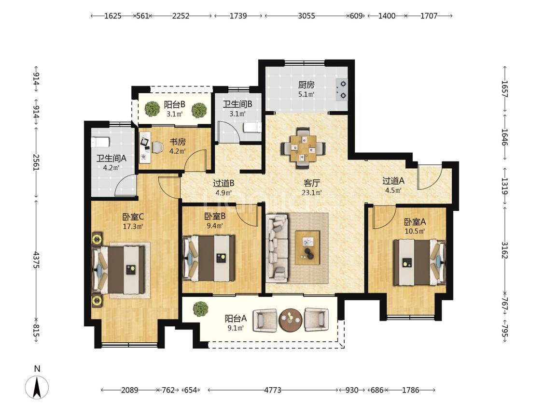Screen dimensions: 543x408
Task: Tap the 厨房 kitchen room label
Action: click(x=306, y=85)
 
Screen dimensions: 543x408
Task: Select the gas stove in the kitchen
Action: click(x=341, y=89)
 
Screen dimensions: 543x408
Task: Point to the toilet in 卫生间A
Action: click(x=100, y=142)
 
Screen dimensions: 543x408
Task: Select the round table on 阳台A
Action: click(x=291, y=320)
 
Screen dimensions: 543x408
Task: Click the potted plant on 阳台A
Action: click(x=200, y=309)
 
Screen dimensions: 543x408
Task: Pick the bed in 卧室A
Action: click(x=419, y=262)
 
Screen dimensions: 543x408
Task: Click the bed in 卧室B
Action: click(x=209, y=258)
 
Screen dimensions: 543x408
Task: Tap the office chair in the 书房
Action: click(x=157, y=147)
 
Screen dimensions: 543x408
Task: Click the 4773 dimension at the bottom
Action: click(x=273, y=390)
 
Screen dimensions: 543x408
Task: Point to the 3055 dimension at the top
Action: click(x=306, y=15)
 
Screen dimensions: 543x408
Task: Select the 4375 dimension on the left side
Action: click(x=36, y=260)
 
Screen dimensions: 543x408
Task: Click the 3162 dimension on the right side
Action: click(x=504, y=250)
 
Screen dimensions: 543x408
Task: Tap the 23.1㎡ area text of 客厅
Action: click(x=312, y=192)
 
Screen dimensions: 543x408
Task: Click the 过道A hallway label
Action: click(x=393, y=181)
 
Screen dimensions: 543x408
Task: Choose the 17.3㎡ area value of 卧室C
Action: click(x=133, y=227)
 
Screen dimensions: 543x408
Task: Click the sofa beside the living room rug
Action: click(x=277, y=248)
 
